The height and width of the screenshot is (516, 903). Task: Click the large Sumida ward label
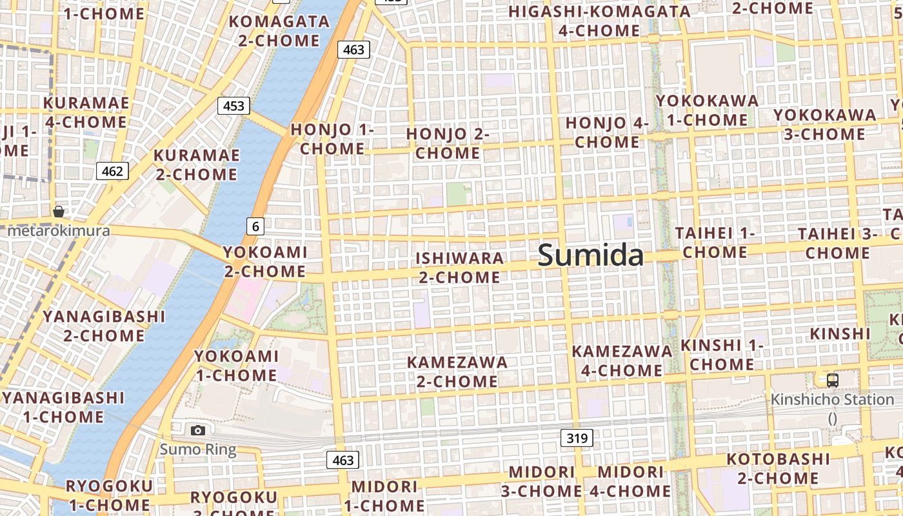(x=591, y=255)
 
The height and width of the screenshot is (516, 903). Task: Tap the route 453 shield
(x=233, y=105)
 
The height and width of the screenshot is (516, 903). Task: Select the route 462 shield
(x=112, y=171)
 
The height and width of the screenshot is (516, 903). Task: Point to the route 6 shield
(x=255, y=226)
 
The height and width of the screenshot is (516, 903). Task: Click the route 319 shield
(x=577, y=439)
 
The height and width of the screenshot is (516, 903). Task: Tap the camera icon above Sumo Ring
(x=198, y=430)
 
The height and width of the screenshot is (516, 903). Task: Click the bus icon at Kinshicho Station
(x=833, y=381)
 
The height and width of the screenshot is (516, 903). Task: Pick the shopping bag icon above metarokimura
(x=59, y=212)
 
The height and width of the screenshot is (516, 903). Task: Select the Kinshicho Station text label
(x=833, y=400)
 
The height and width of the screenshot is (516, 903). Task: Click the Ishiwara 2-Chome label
(x=459, y=268)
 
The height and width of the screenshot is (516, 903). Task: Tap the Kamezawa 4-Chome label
(x=622, y=361)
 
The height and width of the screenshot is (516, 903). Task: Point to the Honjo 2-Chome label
(x=448, y=143)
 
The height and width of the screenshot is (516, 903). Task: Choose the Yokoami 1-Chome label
(x=236, y=365)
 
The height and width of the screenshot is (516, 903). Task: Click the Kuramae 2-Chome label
(x=196, y=164)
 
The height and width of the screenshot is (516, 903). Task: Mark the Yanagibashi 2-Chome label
(x=104, y=326)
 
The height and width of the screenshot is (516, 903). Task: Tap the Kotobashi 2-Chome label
(x=778, y=468)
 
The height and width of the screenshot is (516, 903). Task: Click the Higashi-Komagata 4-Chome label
(x=599, y=21)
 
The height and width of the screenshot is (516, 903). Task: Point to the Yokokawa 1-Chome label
(x=707, y=110)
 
